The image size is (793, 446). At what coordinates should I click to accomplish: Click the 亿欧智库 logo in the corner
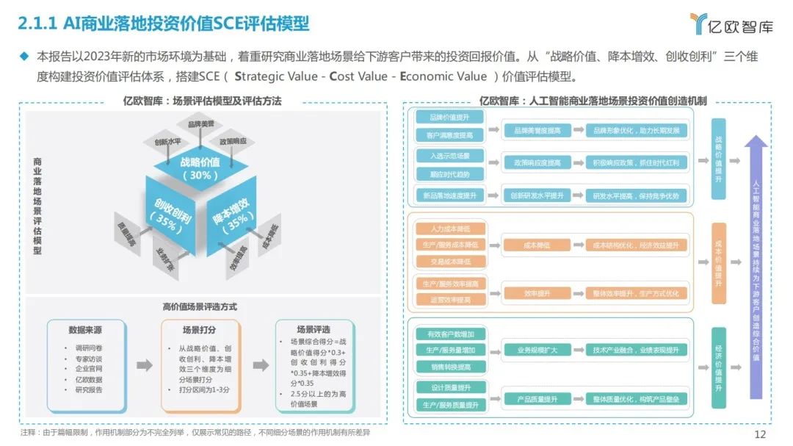coord(731,24)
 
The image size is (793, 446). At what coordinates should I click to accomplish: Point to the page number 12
coord(760,434)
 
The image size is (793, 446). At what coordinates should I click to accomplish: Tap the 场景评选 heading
coord(313,330)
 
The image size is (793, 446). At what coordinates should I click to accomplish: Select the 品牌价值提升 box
coord(449,118)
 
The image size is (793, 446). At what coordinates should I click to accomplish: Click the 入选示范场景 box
coord(449,156)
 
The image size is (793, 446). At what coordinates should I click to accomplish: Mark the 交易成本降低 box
coord(450,261)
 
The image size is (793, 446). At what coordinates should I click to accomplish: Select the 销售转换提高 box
coord(450,366)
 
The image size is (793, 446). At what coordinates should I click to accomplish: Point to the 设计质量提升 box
coord(450,387)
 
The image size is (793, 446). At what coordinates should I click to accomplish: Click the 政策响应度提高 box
coord(537,162)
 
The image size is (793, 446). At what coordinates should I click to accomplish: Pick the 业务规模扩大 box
coord(537,350)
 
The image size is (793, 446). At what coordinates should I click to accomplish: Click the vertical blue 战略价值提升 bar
coord(718,157)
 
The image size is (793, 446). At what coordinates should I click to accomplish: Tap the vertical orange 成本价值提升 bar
coord(718,263)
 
